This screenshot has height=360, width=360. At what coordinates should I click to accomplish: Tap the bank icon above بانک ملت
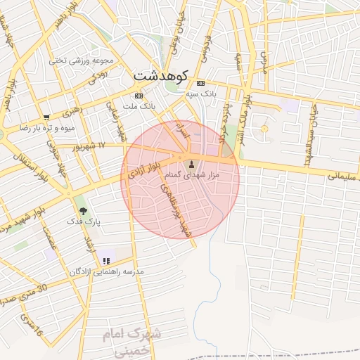(139, 96)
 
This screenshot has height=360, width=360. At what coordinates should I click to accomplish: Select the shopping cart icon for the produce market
(46, 117)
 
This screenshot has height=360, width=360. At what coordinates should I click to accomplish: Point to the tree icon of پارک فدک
(84, 210)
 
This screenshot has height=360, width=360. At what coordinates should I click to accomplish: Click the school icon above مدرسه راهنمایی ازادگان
(106, 261)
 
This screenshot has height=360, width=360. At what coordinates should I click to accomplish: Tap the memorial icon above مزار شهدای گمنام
(192, 165)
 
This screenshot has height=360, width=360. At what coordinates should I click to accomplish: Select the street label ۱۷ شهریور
(90, 146)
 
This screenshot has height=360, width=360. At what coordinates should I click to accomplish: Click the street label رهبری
(72, 111)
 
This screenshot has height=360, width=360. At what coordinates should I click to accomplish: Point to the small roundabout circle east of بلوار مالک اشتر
(264, 128)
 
